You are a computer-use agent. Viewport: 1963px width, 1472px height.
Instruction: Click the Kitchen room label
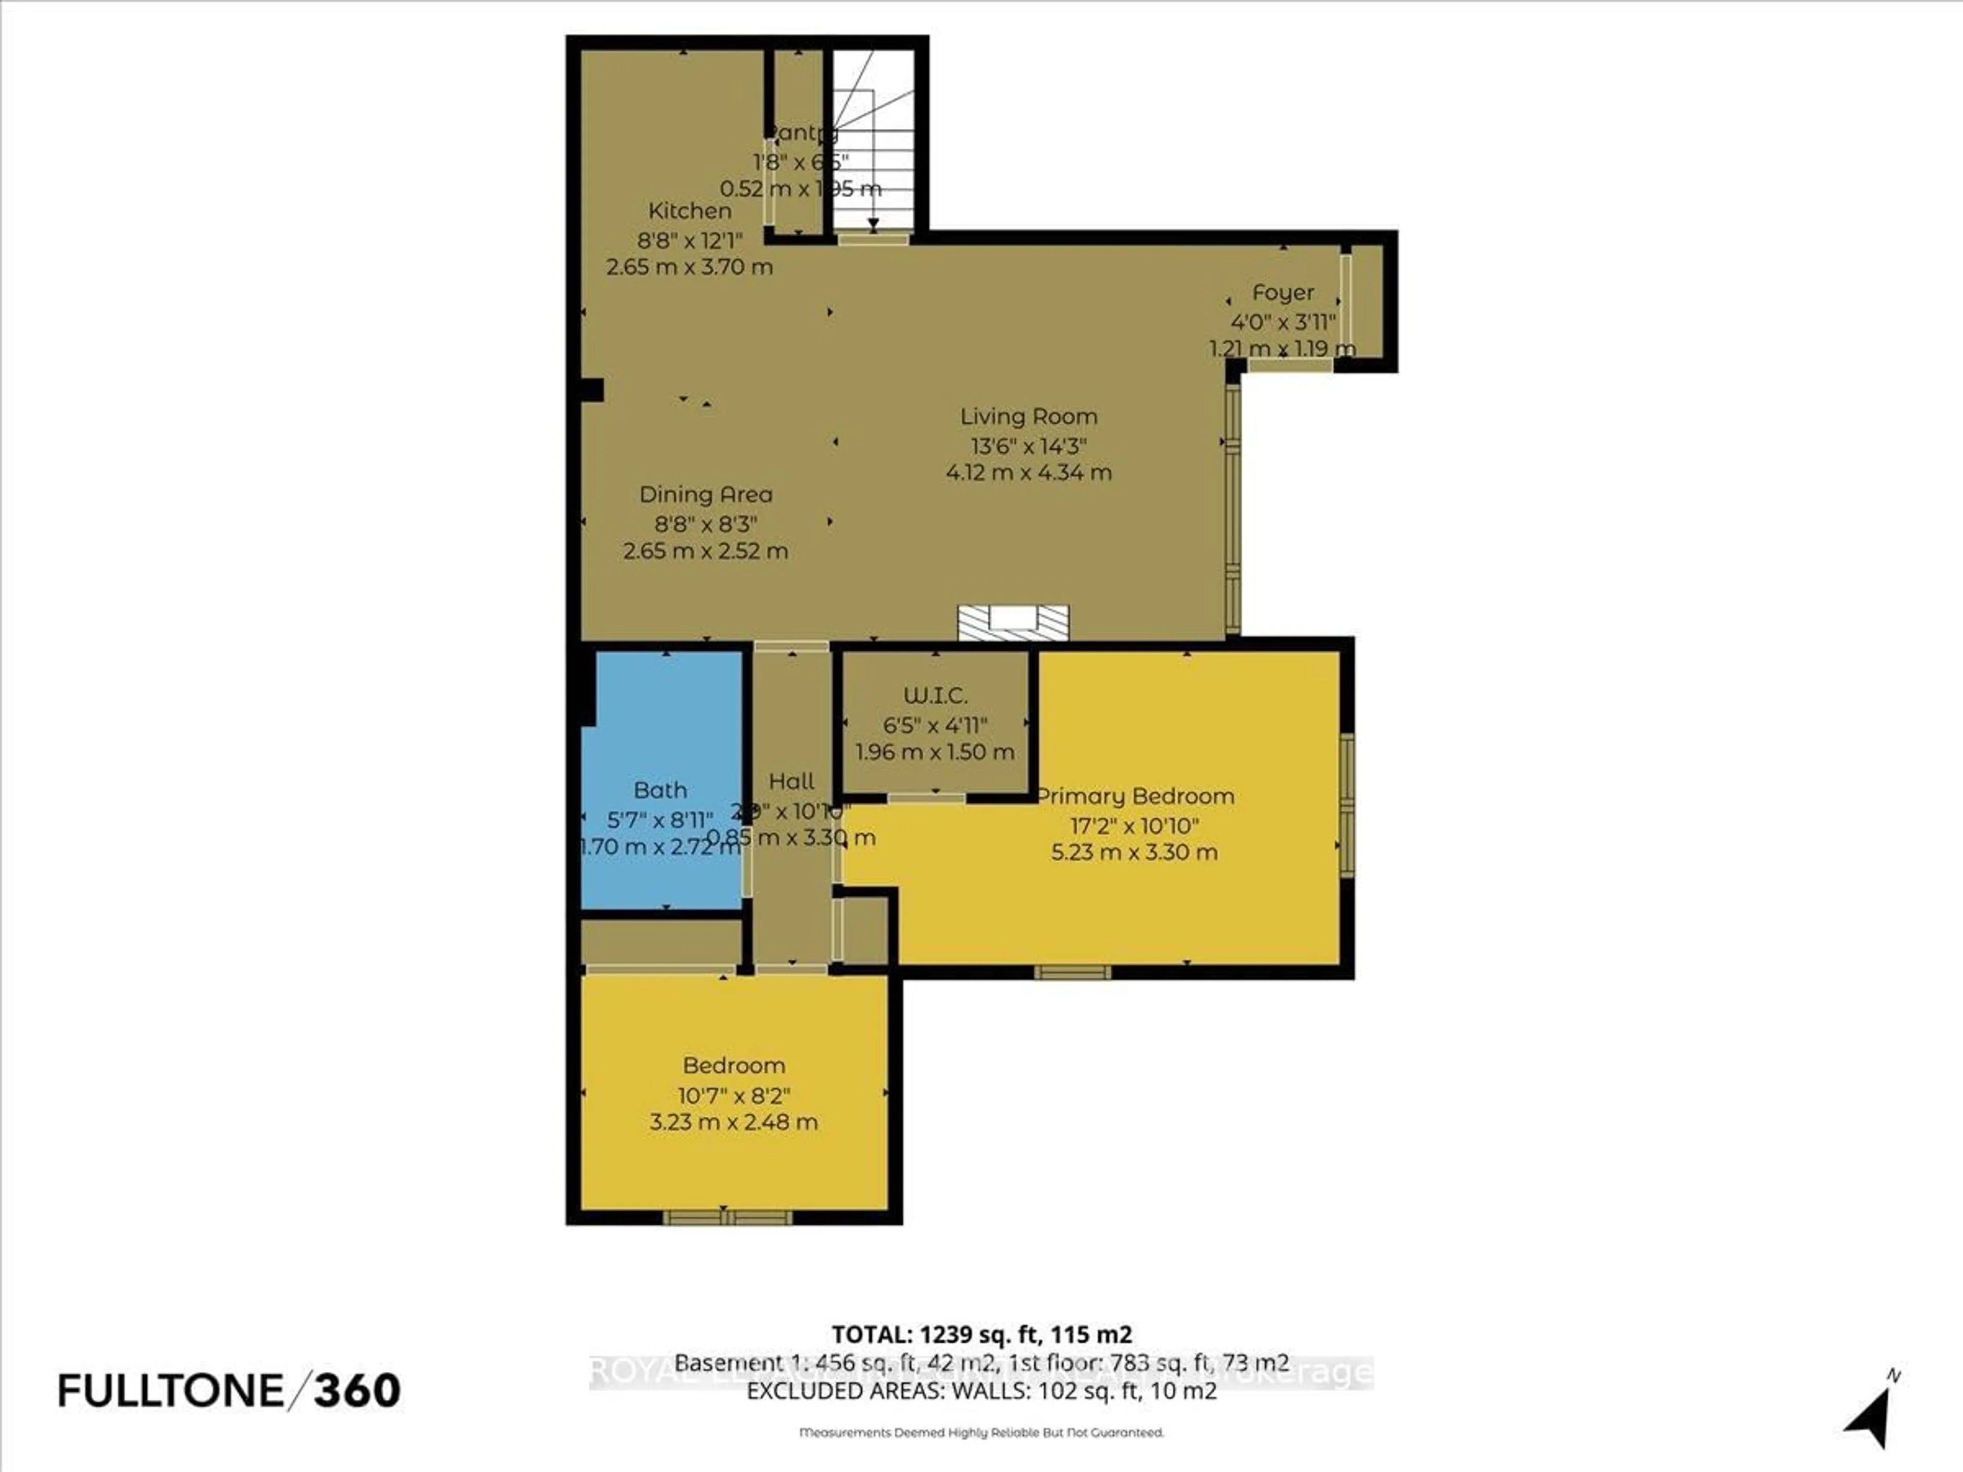pyautogui.click(x=690, y=211)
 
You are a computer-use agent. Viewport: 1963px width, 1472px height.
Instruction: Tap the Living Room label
pyautogui.click(x=1029, y=416)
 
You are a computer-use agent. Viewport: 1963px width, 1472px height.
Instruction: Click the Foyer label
pyautogui.click(x=1282, y=293)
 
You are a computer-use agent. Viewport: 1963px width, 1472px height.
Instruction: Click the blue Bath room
pyautogui.click(x=661, y=852)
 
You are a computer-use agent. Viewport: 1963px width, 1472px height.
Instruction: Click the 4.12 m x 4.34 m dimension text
pyautogui.click(x=1029, y=472)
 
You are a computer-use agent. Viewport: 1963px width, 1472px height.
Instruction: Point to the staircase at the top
pyautogui.click(x=872, y=142)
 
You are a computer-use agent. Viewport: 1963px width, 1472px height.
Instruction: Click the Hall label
pyautogui.click(x=791, y=781)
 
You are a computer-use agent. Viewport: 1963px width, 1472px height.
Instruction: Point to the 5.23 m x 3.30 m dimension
pyautogui.click(x=1134, y=853)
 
